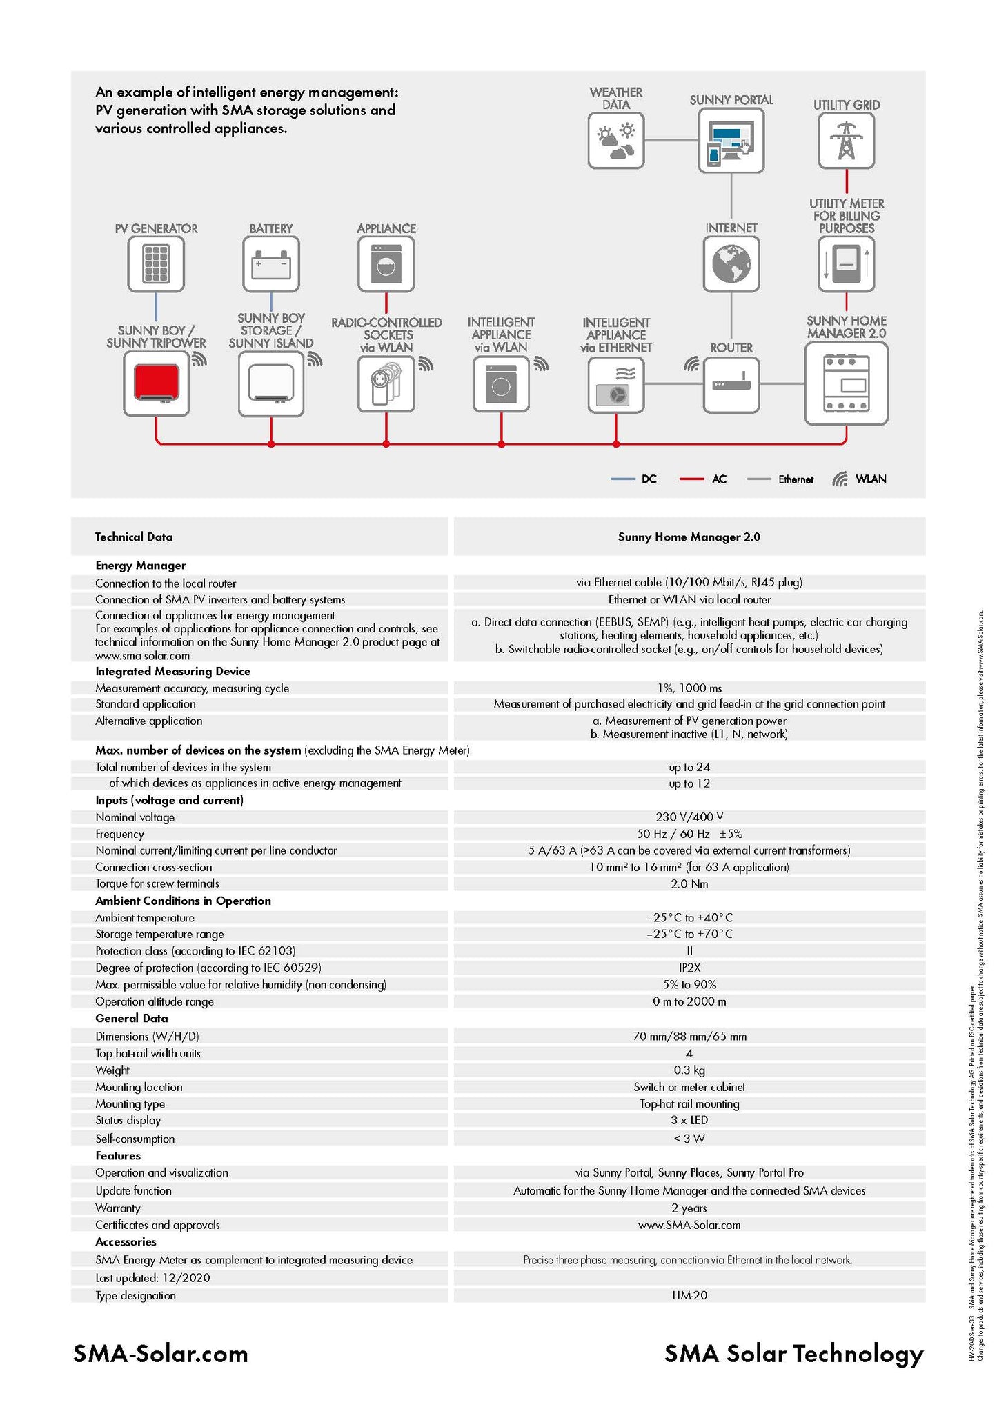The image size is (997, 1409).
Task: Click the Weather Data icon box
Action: click(615, 141)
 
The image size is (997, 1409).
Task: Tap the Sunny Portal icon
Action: click(731, 141)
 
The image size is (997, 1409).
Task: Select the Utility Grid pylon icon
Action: click(846, 141)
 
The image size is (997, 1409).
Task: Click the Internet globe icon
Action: click(731, 264)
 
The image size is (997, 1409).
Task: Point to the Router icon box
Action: click(731, 385)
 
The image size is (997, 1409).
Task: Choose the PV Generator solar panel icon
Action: click(156, 264)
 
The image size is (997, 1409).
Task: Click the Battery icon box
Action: click(271, 264)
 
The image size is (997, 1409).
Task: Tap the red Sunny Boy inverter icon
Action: click(156, 383)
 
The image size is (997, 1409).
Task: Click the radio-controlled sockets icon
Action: click(386, 383)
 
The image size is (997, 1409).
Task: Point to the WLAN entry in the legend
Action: click(860, 479)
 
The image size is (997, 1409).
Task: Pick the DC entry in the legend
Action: click(634, 479)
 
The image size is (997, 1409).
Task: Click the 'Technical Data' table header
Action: click(134, 537)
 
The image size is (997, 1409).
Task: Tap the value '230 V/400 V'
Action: click(689, 817)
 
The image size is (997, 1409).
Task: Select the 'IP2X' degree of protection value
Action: click(689, 968)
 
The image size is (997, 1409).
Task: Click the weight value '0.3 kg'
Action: click(689, 1070)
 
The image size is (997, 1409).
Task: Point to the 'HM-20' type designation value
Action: click(689, 1296)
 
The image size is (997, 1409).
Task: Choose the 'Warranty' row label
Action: click(118, 1208)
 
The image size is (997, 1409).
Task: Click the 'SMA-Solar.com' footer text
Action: click(161, 1354)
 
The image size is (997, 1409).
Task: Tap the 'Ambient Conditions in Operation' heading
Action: click(183, 901)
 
